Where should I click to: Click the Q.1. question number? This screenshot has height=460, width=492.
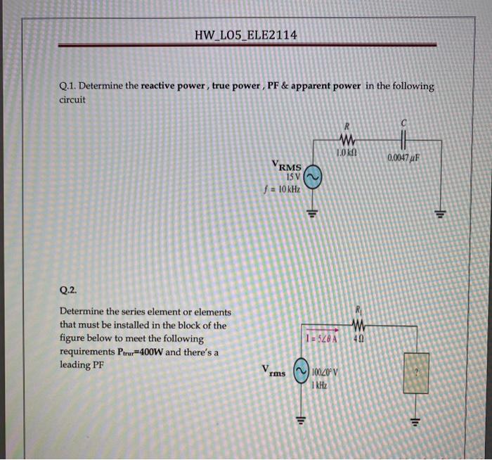tap(69, 87)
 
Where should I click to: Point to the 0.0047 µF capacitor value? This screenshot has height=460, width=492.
tap(404, 156)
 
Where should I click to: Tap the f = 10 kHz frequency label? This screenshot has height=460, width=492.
tap(280, 189)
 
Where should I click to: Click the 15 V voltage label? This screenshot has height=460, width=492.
tap(293, 177)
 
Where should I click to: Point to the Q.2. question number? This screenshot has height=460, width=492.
tap(69, 289)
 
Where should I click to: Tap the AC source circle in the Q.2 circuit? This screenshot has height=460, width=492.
tap(302, 373)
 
